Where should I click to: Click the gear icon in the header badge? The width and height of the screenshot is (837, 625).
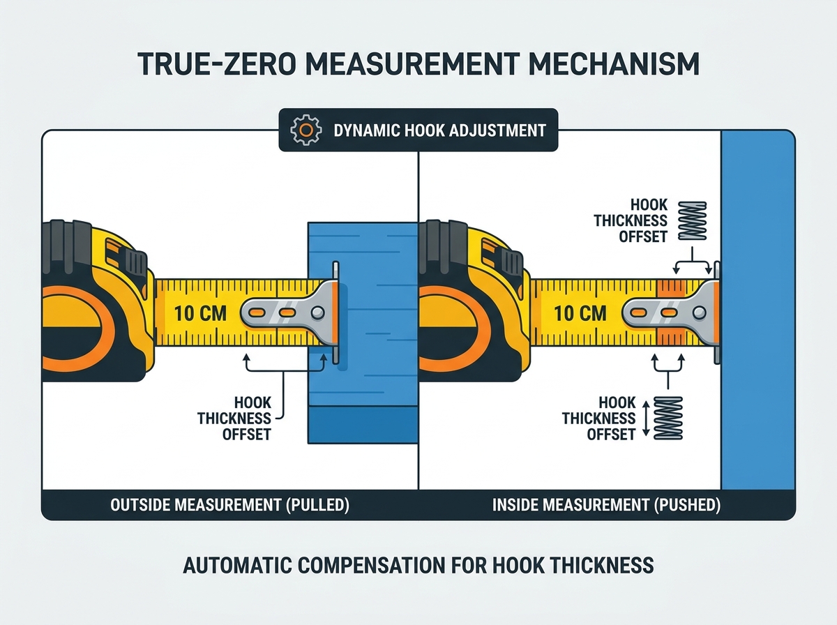tap(306, 130)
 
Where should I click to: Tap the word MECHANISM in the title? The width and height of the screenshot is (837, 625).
tap(614, 64)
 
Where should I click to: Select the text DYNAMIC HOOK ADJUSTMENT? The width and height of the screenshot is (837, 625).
tap(439, 130)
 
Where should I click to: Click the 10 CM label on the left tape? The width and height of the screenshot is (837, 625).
tap(200, 313)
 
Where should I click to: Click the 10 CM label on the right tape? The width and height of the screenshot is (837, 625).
tap(580, 313)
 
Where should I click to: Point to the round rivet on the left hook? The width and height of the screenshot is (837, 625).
tap(317, 313)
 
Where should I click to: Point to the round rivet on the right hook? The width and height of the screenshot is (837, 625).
tap(699, 313)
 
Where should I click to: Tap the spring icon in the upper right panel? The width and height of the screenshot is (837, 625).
tap(692, 221)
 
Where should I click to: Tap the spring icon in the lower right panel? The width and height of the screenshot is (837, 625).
tap(668, 419)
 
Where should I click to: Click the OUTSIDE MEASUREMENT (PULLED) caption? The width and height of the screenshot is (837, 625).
tap(229, 505)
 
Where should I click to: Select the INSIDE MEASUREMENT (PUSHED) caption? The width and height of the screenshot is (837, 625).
tap(606, 505)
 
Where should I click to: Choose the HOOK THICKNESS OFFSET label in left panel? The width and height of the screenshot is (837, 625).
tap(234, 419)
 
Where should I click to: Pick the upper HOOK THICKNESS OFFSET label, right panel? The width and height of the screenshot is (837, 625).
tap(631, 221)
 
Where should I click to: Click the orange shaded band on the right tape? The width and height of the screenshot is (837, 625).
tap(671, 312)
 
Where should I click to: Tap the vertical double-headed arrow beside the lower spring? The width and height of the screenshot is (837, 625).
tap(646, 419)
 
